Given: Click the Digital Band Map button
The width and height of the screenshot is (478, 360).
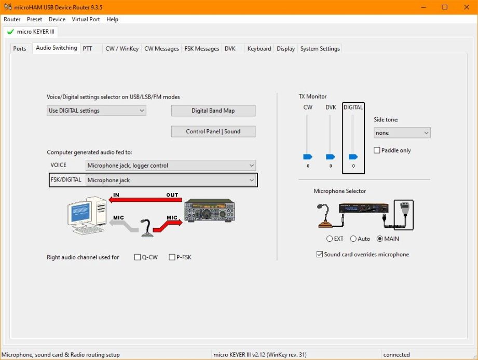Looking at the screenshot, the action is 213,110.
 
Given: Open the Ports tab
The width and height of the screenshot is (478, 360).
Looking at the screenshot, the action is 20,48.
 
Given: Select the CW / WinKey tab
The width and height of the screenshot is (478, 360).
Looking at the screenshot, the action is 122,48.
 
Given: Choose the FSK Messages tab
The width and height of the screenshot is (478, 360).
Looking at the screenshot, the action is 201,48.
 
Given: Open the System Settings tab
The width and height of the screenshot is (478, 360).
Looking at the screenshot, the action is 320,48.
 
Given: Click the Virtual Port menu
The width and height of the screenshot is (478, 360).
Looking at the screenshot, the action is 86,19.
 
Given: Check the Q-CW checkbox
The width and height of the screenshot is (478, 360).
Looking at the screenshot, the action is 138,257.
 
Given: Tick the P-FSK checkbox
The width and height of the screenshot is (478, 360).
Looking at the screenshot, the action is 172,257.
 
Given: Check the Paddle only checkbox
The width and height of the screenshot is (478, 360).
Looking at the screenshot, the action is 377,150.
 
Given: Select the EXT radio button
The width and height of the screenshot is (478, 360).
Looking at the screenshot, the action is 329,239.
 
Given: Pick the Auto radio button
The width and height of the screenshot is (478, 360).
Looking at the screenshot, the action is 353,239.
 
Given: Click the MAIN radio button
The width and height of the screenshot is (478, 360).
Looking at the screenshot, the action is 379,239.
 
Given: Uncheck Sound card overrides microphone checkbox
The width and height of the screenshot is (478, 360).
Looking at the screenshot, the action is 320,254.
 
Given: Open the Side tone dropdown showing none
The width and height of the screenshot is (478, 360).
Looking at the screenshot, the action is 402,133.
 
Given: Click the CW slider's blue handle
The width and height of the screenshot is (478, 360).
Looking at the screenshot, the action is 308,157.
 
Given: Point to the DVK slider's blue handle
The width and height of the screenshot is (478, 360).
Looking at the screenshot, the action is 330,157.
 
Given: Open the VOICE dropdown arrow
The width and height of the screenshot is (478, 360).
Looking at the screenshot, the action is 252,165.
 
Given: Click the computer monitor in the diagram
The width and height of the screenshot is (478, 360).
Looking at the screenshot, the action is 80,213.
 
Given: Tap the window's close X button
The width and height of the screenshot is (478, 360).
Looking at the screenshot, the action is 467,7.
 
